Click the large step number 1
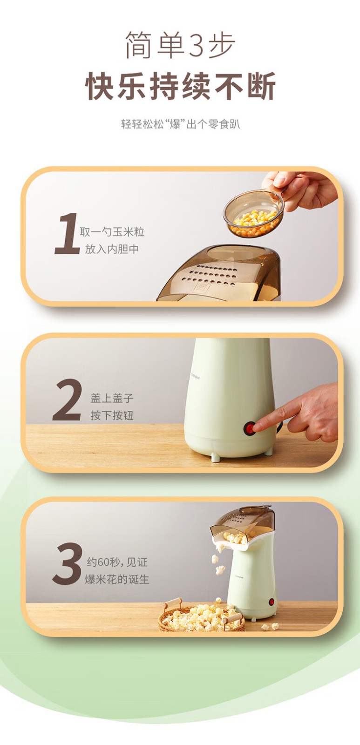pyautogui.click(x=67, y=233)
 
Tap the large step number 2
pyautogui.click(x=67, y=400)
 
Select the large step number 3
pyautogui.click(x=67, y=563)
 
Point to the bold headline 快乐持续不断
pyautogui.click(x=180, y=86)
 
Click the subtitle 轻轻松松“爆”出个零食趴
pyautogui.click(x=180, y=124)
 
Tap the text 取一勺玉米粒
pyautogui.click(x=112, y=232)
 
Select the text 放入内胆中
pyautogui.click(x=112, y=249)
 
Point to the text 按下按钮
pyautogui.click(x=112, y=415)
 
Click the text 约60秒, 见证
pyautogui.click(x=117, y=562)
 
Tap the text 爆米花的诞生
pyautogui.click(x=117, y=579)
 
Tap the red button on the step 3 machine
pyautogui.click(x=272, y=602)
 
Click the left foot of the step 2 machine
pyautogui.click(x=216, y=457)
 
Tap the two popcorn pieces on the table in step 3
pyautogui.click(x=270, y=627)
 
